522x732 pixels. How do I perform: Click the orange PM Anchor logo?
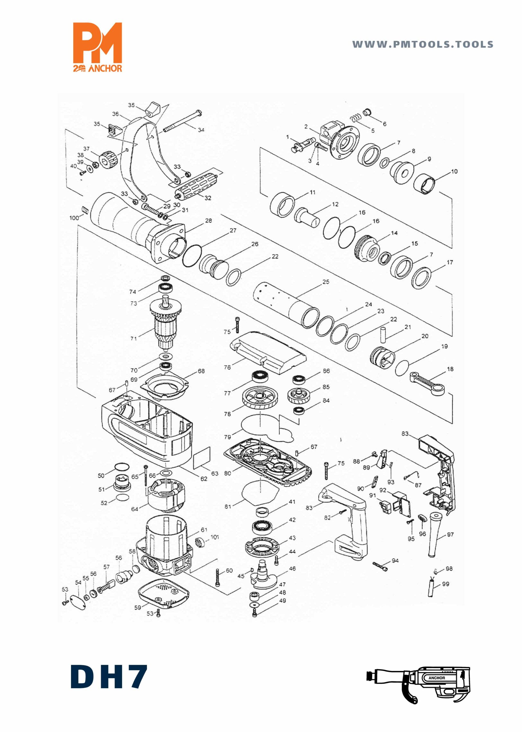(x=98, y=47)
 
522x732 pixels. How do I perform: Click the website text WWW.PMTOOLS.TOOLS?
(x=423, y=44)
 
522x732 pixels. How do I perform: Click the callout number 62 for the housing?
(x=204, y=479)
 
